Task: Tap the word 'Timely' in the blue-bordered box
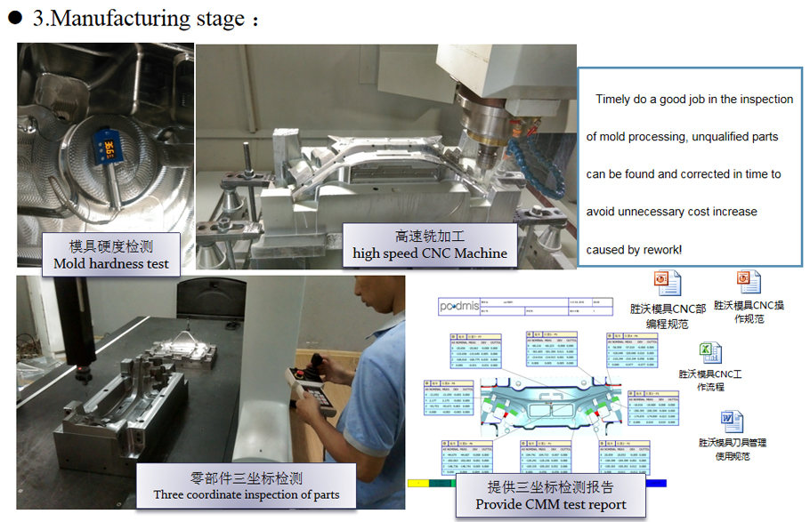click(x=613, y=100)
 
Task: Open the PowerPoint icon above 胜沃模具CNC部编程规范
click(x=668, y=284)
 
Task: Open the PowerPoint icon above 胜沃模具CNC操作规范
click(x=749, y=282)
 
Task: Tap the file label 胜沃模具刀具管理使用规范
click(x=732, y=448)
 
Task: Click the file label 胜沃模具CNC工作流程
click(x=709, y=381)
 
